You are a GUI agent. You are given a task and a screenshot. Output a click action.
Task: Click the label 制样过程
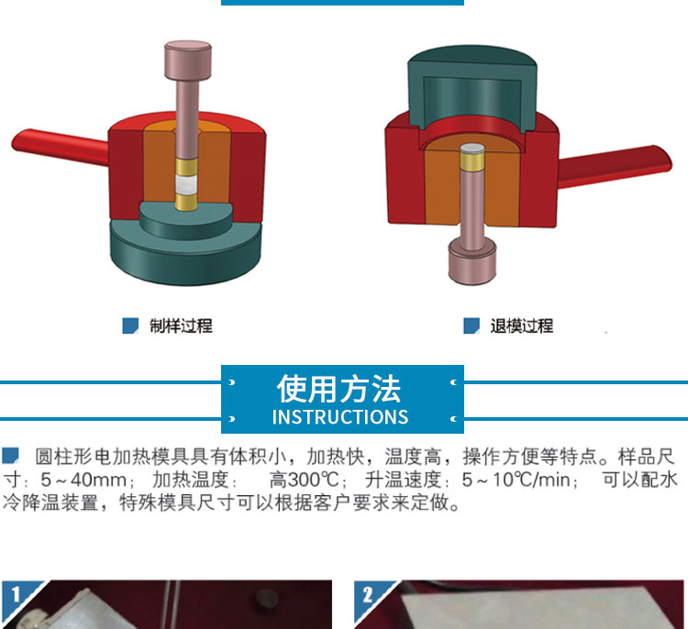pyautogui.click(x=181, y=326)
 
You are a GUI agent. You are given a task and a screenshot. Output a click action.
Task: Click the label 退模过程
pyautogui.click(x=522, y=326)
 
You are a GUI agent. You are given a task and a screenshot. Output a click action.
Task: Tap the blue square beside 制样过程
pyautogui.click(x=130, y=326)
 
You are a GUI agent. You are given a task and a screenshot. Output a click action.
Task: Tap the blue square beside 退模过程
pyautogui.click(x=472, y=326)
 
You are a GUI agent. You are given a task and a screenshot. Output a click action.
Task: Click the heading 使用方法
pyautogui.click(x=338, y=389)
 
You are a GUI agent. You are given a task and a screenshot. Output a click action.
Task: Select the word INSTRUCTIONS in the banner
pyautogui.click(x=340, y=416)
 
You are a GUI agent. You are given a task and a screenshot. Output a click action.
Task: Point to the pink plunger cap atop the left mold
pyautogui.click(x=188, y=61)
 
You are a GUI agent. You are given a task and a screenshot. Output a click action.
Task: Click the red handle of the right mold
pyautogui.click(x=615, y=166)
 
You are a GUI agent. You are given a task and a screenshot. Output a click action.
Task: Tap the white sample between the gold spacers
pyautogui.click(x=186, y=184)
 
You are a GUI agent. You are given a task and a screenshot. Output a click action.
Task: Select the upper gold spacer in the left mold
pyautogui.click(x=186, y=167)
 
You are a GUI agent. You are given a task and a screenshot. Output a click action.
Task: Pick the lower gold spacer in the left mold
pyautogui.click(x=186, y=202)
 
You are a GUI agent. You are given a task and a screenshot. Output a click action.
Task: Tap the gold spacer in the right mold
pyautogui.click(x=472, y=161)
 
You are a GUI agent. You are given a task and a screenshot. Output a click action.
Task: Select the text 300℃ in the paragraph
pyautogui.click(x=313, y=480)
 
